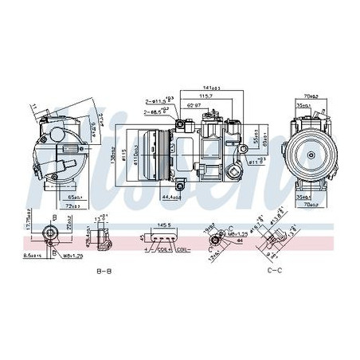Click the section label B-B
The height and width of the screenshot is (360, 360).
point(104,272)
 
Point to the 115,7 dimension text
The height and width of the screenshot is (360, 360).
point(207,97)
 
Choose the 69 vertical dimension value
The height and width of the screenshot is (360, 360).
point(266,141)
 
